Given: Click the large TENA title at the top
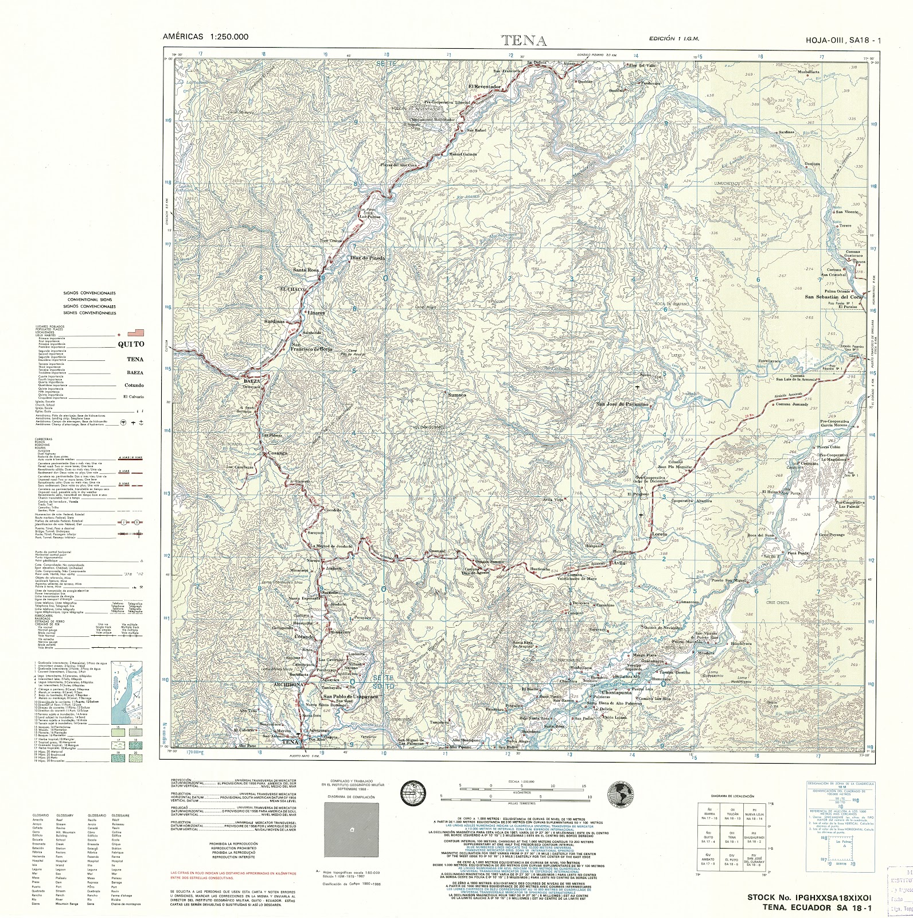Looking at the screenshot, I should [x=524, y=41].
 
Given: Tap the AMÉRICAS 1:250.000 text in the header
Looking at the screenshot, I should [x=205, y=36].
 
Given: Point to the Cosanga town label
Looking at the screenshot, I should [x=278, y=454].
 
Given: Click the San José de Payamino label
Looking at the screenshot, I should [x=622, y=404].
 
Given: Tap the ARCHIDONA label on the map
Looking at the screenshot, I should [x=276, y=684].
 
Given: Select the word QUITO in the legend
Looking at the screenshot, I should [x=131, y=344].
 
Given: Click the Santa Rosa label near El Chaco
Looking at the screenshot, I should [x=306, y=270].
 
